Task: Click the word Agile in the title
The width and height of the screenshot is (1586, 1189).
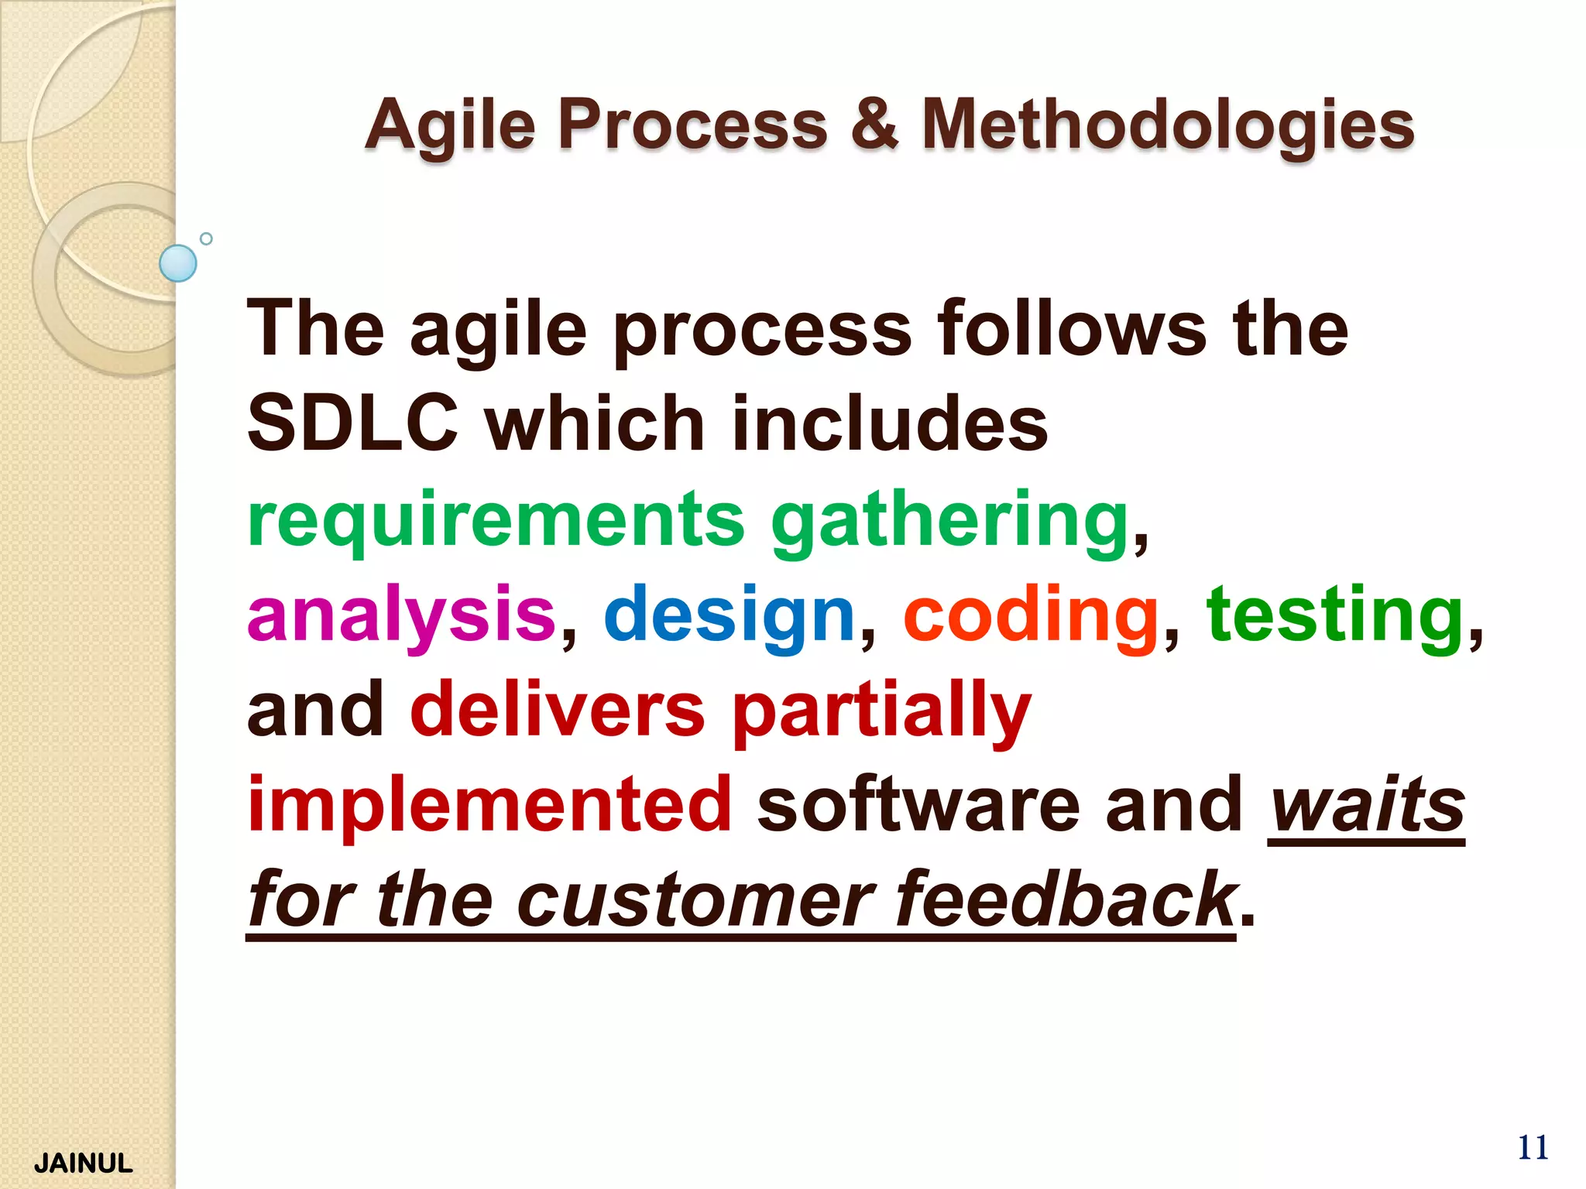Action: (450, 125)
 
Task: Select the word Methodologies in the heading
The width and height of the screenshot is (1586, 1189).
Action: (1168, 125)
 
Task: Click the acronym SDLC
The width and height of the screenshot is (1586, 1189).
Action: (352, 423)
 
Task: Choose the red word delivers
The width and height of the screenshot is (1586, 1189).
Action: (558, 710)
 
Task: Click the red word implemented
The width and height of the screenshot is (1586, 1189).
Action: (489, 805)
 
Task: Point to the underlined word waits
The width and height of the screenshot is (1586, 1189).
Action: (1367, 805)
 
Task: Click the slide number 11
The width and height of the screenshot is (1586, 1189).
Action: (1533, 1147)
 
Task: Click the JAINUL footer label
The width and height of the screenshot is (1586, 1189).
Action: (84, 1163)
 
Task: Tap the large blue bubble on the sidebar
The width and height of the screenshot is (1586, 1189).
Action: (178, 263)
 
